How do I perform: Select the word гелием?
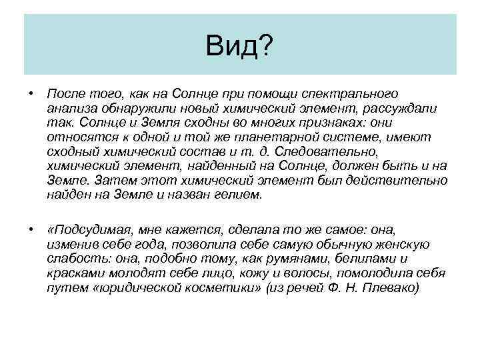(240, 195)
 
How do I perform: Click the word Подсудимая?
(91, 230)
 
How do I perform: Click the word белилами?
(368, 259)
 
